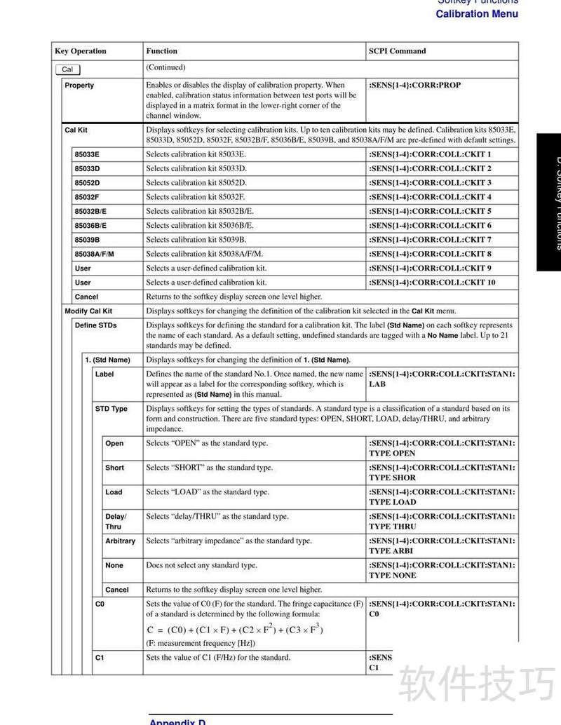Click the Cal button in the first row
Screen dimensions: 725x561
67,69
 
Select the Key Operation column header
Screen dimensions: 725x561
81,51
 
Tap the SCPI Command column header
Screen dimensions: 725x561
397,51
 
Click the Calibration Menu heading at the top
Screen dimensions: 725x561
477,14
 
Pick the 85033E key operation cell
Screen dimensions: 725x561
87,154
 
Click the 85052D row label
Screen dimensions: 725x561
87,183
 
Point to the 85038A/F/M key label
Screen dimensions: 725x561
94,254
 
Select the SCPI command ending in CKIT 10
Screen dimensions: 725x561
432,283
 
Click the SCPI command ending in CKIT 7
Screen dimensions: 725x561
430,240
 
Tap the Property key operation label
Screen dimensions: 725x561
79,86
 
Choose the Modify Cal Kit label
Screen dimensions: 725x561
88,311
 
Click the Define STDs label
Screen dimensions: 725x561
96,325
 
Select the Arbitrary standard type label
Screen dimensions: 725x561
120,541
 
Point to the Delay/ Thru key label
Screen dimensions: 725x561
116,522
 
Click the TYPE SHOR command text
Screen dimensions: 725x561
392,477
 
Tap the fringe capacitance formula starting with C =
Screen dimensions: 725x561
235,629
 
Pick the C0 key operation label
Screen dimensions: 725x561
100,604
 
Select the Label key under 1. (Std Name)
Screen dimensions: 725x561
104,374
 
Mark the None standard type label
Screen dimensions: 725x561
114,566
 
